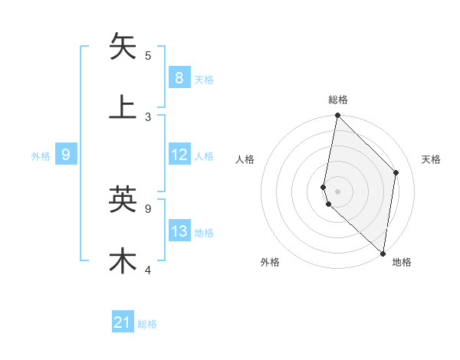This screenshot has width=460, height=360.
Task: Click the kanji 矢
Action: [x=123, y=46]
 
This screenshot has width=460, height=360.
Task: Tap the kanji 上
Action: [x=123, y=106]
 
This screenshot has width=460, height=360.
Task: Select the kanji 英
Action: [x=123, y=199]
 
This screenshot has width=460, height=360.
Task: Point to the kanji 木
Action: [x=123, y=260]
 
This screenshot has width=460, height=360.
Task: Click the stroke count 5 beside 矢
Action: [x=148, y=55]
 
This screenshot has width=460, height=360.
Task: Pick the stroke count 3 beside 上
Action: [x=148, y=116]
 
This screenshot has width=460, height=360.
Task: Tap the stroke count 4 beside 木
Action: [x=148, y=270]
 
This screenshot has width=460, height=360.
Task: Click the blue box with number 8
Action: [x=179, y=77]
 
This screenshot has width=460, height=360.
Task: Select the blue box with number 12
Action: [x=179, y=155]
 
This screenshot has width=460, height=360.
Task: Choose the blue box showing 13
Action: [x=179, y=231]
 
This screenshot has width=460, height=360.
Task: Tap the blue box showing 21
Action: [x=123, y=322]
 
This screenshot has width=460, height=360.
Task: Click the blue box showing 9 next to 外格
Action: [x=66, y=155]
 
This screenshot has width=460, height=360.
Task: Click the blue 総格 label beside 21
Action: [x=148, y=324]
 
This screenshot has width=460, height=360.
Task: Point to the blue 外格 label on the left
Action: [x=41, y=156]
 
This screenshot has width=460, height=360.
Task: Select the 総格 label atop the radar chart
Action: [x=338, y=100]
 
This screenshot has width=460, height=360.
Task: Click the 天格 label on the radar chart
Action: [x=432, y=159]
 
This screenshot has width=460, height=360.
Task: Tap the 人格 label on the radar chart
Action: [x=245, y=159]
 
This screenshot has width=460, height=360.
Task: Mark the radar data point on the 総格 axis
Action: [x=337, y=116]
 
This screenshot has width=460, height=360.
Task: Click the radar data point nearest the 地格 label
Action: [x=383, y=253]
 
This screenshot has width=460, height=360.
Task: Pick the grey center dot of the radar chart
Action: [x=337, y=191]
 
